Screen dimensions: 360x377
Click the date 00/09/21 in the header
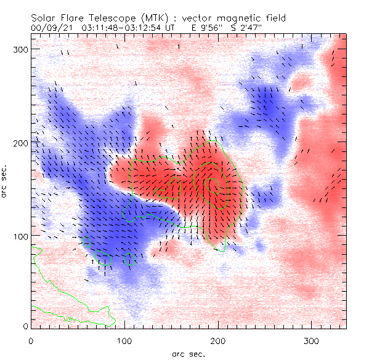pos(47,28)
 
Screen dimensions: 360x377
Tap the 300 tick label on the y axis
pos(21,49)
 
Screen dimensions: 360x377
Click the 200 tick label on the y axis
pos(21,143)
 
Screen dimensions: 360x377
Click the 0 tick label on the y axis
pos(25,326)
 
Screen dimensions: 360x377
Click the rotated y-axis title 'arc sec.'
pos(6,182)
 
